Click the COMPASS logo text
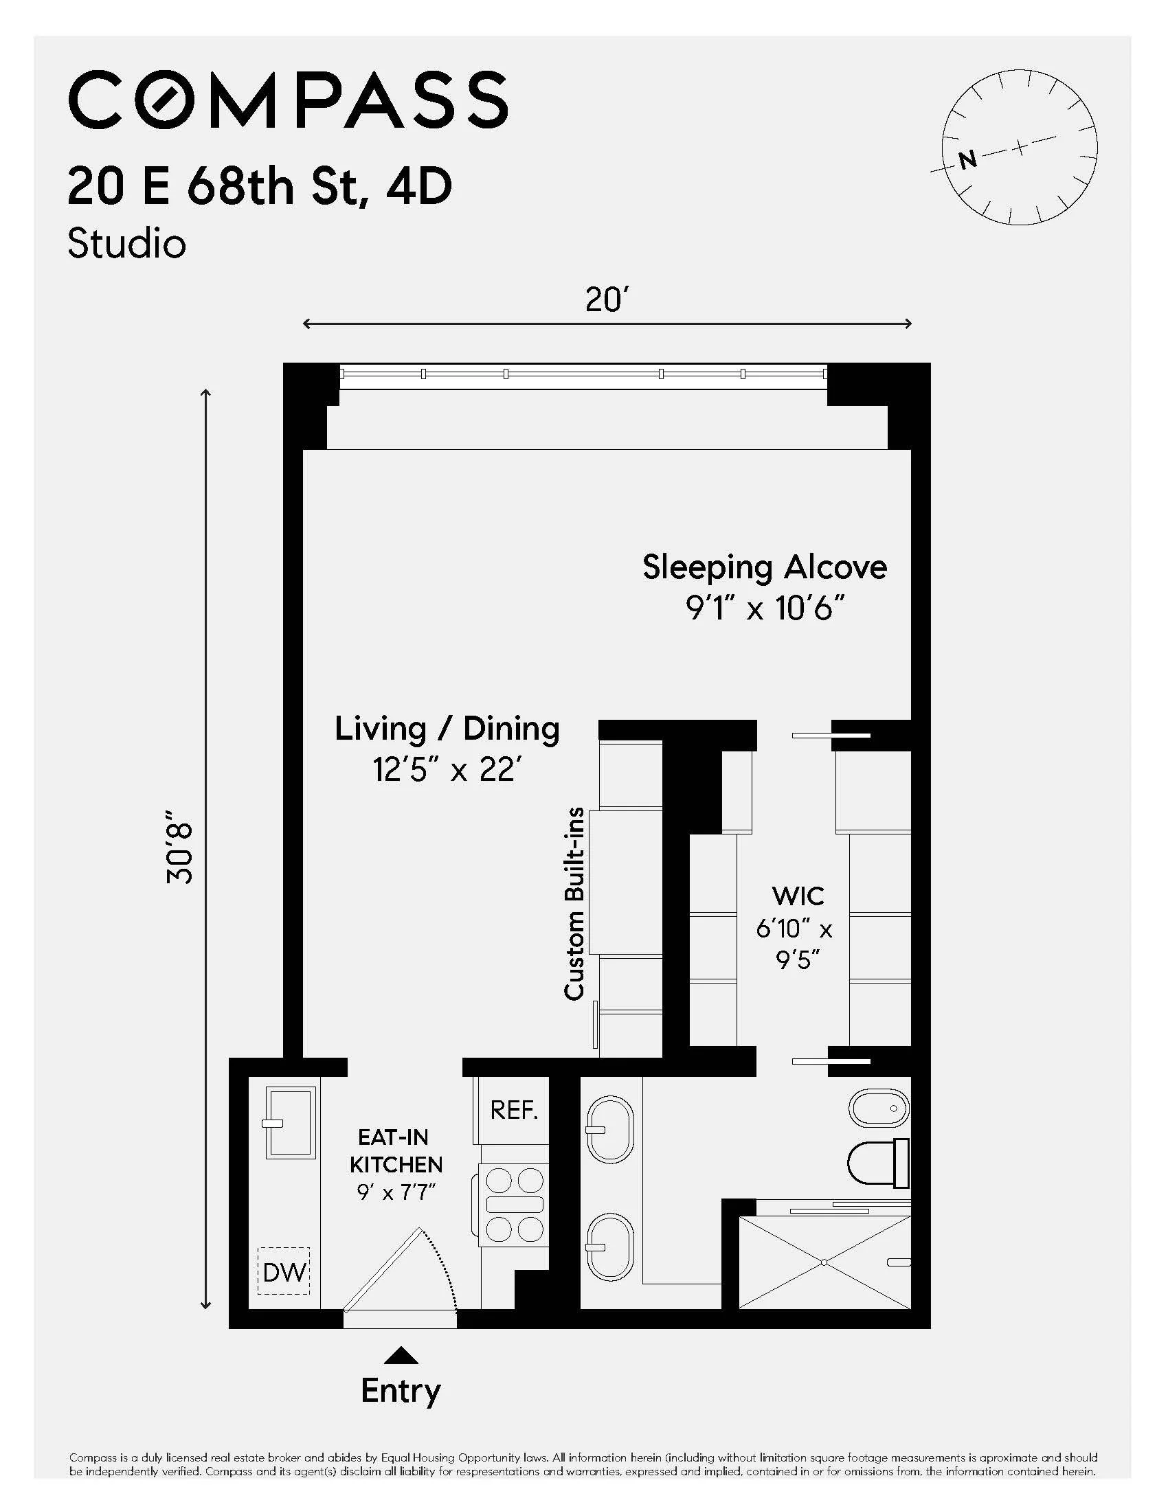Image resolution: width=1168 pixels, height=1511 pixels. tap(288, 100)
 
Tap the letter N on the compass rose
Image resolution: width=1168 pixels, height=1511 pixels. tap(967, 160)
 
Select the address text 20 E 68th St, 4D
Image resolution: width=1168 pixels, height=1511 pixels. tap(260, 187)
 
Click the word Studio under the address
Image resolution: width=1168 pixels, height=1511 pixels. tap(126, 245)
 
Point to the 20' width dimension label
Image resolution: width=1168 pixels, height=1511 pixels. tap(606, 299)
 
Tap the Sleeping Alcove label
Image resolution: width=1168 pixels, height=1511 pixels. tap(764, 567)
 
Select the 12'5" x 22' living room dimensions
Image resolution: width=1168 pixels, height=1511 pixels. tap(447, 769)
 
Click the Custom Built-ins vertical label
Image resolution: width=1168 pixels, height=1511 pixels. tap(574, 904)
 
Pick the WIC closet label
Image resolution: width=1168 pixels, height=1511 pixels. tap(798, 896)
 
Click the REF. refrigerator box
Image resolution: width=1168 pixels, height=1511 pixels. tap(513, 1111)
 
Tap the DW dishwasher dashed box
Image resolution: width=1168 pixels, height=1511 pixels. tap(284, 1271)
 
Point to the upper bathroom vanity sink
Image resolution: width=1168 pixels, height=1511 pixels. tap(610, 1130)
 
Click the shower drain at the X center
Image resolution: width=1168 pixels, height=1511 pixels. tap(824, 1262)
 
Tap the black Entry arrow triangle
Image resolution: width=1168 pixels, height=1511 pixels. tap(401, 1355)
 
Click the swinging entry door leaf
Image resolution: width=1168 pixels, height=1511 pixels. tap(384, 1269)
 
